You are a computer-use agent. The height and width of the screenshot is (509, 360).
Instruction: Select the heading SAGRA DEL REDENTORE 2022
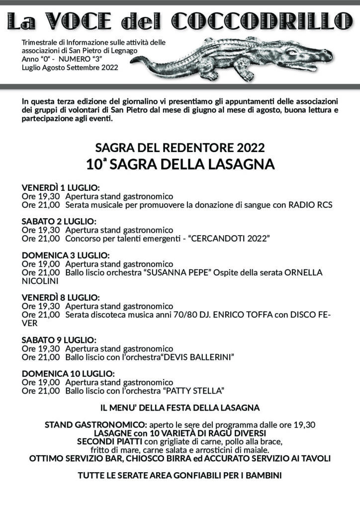(180, 148)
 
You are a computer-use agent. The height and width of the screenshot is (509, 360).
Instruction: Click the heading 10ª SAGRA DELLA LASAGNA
(180, 164)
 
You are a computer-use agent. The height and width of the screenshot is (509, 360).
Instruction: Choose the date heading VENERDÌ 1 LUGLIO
(61, 188)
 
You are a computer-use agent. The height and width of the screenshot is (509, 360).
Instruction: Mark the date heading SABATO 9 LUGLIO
(59, 340)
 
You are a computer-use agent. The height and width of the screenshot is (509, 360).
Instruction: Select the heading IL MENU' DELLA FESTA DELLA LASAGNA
(180, 408)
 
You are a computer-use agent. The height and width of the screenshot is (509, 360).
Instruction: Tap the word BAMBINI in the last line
(262, 476)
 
